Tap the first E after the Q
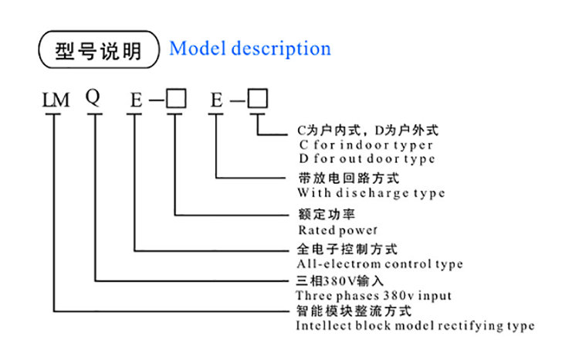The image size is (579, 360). pyautogui.click(x=136, y=100)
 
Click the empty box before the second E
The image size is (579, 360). pyautogui.click(x=177, y=99)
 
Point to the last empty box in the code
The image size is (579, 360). pyautogui.click(x=257, y=99)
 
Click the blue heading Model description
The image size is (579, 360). pyautogui.click(x=250, y=49)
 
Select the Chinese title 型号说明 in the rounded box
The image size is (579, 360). pyautogui.click(x=100, y=50)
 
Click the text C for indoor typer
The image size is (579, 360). pyautogui.click(x=365, y=144)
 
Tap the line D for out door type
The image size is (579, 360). pyautogui.click(x=366, y=158)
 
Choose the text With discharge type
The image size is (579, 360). pyautogui.click(x=371, y=192)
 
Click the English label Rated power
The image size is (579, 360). pyautogui.click(x=337, y=229)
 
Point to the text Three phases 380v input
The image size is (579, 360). pyautogui.click(x=374, y=295)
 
